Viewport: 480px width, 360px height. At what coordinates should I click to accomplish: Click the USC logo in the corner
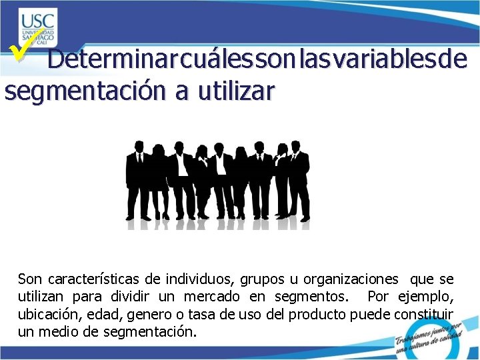pos(38,27)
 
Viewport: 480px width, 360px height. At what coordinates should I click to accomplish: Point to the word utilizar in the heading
pos(233,90)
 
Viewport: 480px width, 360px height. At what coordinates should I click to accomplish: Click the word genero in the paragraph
pos(149,313)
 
